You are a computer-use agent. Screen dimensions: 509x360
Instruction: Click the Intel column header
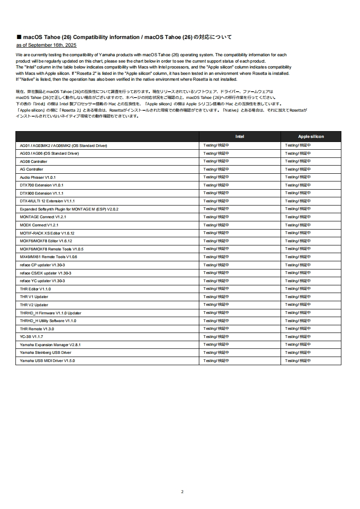point(240,137)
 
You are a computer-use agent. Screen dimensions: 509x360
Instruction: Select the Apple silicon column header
point(311,137)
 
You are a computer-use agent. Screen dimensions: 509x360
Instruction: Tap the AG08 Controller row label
point(34,162)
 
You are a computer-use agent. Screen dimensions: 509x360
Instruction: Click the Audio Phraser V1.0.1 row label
point(38,177)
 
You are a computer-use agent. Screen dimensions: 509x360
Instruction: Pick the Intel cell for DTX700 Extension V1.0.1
point(216,185)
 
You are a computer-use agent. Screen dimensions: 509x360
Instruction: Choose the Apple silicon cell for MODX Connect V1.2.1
point(298,225)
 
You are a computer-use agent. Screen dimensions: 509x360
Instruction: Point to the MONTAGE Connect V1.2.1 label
point(43,217)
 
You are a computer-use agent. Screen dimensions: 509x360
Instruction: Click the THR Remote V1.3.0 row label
point(37,328)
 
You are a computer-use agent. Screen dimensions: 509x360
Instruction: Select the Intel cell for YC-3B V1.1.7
point(216,337)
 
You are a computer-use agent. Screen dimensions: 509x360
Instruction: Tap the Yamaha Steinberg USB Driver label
point(45,352)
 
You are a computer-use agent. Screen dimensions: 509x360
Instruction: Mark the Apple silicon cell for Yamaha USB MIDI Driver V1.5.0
point(298,361)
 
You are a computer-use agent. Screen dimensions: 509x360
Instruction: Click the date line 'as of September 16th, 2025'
point(46,45)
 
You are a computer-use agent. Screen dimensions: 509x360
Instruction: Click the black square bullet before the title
point(19,37)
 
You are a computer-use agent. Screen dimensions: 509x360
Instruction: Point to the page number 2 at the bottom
point(182,492)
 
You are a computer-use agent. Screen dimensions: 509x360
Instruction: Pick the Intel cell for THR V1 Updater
point(216,297)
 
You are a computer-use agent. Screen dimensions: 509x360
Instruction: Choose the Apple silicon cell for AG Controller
point(298,169)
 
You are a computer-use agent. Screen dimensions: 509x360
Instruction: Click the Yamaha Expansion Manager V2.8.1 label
point(50,345)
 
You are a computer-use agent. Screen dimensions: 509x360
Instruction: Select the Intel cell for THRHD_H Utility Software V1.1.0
point(216,321)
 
